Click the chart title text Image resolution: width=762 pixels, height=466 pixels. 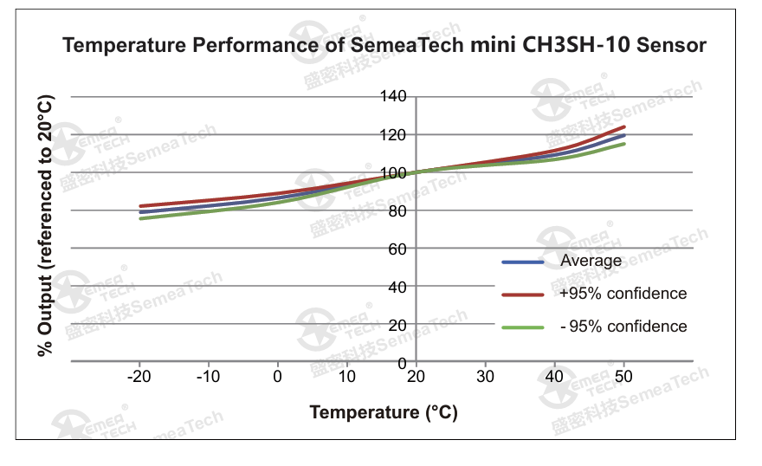384,45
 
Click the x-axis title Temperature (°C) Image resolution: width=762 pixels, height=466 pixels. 384,412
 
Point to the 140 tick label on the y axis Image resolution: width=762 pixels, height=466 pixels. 394,96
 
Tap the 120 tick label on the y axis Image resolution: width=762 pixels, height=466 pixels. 394,134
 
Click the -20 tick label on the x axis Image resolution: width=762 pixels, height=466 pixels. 139,377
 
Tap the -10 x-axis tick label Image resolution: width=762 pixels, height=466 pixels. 208,377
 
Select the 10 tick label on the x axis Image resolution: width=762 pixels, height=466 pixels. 346,377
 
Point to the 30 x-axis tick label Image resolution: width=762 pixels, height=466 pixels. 485,377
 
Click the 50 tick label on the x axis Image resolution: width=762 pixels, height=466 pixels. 623,377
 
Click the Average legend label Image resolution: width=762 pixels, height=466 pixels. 591,261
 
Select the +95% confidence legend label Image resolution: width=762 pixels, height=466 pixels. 623,294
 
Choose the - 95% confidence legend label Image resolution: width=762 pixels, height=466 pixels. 623,327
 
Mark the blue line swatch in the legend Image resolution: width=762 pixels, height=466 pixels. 522,262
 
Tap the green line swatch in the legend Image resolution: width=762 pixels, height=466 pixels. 522,327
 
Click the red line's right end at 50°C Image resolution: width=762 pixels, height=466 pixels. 623,127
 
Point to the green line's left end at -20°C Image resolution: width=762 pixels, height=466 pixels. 140,218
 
